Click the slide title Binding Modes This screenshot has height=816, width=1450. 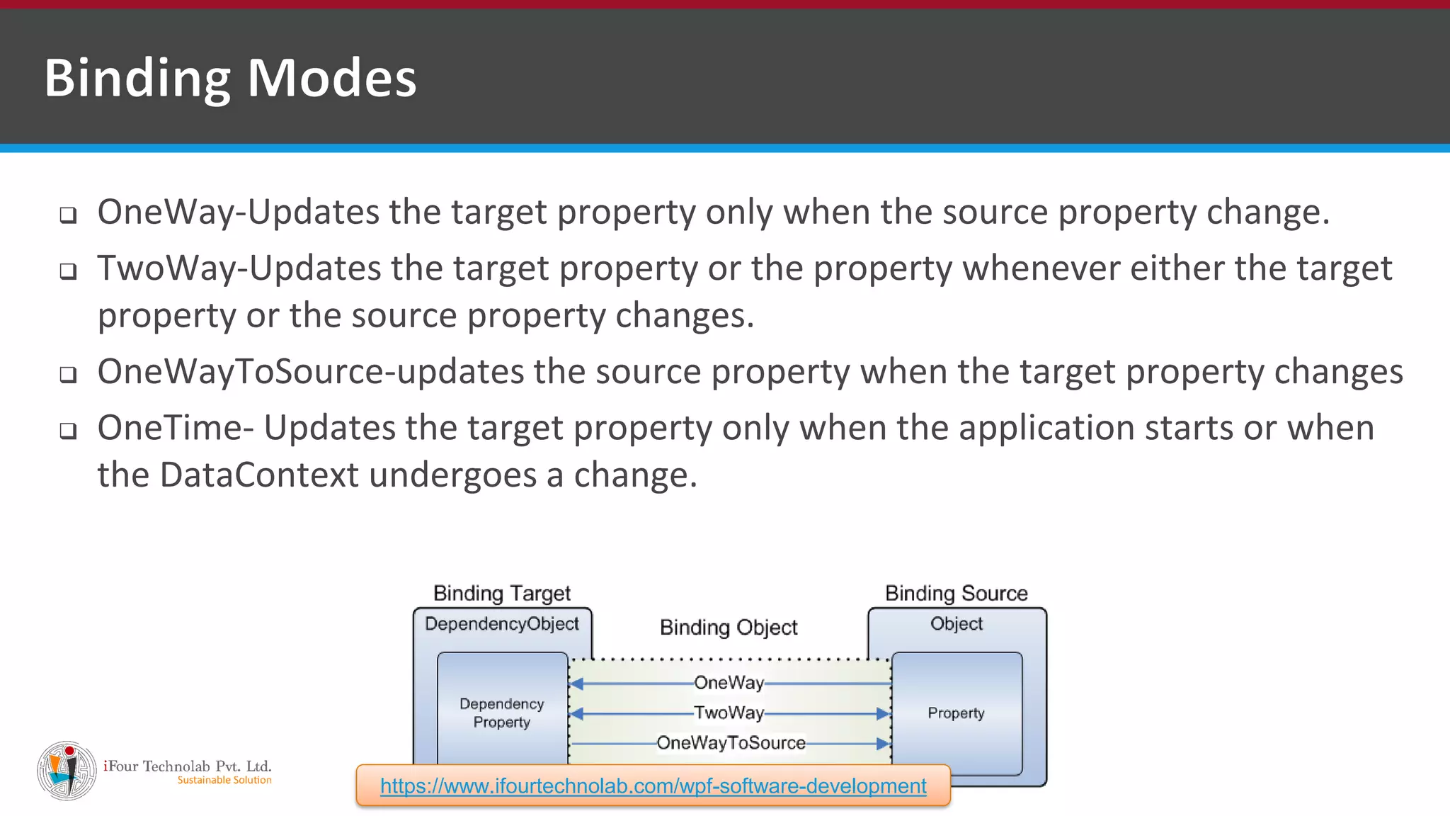(x=230, y=78)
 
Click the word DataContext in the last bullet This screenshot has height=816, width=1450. (x=259, y=475)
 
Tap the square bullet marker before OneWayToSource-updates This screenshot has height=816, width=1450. (x=68, y=374)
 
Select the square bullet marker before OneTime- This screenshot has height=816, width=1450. (x=68, y=431)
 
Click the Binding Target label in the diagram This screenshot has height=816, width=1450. (x=501, y=593)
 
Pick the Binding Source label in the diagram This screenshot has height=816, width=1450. (x=956, y=593)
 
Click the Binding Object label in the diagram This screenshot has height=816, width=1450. (x=729, y=628)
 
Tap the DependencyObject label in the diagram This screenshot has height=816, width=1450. (x=501, y=624)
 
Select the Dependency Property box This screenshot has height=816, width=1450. (x=502, y=713)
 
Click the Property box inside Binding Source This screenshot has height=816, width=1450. (x=956, y=713)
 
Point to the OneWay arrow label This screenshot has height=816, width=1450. (x=729, y=683)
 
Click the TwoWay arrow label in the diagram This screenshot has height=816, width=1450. (x=729, y=713)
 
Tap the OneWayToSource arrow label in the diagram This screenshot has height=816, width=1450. (x=731, y=743)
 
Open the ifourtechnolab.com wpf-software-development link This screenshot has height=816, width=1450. (x=653, y=786)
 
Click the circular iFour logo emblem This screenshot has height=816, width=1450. (x=67, y=771)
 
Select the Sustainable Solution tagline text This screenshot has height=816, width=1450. (x=224, y=781)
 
